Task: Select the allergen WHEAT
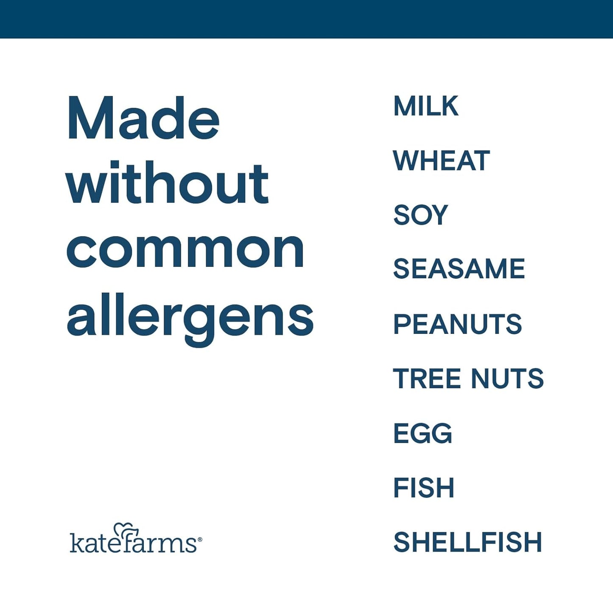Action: [441, 161]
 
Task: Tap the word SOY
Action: [420, 215]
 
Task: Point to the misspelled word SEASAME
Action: [459, 269]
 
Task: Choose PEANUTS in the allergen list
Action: [457, 324]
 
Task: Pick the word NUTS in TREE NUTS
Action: [507, 378]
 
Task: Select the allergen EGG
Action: [423, 434]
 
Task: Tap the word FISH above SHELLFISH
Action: [424, 488]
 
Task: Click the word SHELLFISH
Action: [467, 542]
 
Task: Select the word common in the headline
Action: [185, 250]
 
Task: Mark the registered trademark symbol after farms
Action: [200, 540]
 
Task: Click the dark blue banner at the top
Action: [306, 19]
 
